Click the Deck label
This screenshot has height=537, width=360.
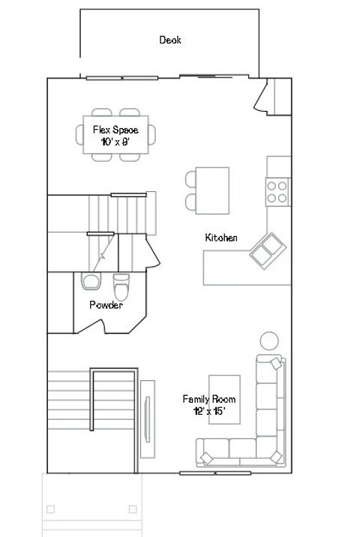pyautogui.click(x=170, y=40)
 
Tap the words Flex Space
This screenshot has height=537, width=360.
pyautogui.click(x=115, y=130)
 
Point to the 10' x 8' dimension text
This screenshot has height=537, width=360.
pyautogui.click(x=115, y=141)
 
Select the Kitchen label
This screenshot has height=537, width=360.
pyautogui.click(x=221, y=238)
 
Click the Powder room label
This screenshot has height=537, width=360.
pyautogui.click(x=106, y=305)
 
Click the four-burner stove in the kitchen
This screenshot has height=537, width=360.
pyautogui.click(x=277, y=192)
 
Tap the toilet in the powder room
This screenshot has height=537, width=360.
pyautogui.click(x=121, y=286)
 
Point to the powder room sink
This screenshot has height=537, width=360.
pyautogui.click(x=90, y=281)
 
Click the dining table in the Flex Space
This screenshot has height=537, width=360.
pyautogui.click(x=115, y=135)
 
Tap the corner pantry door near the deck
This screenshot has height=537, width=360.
pyautogui.click(x=264, y=98)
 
